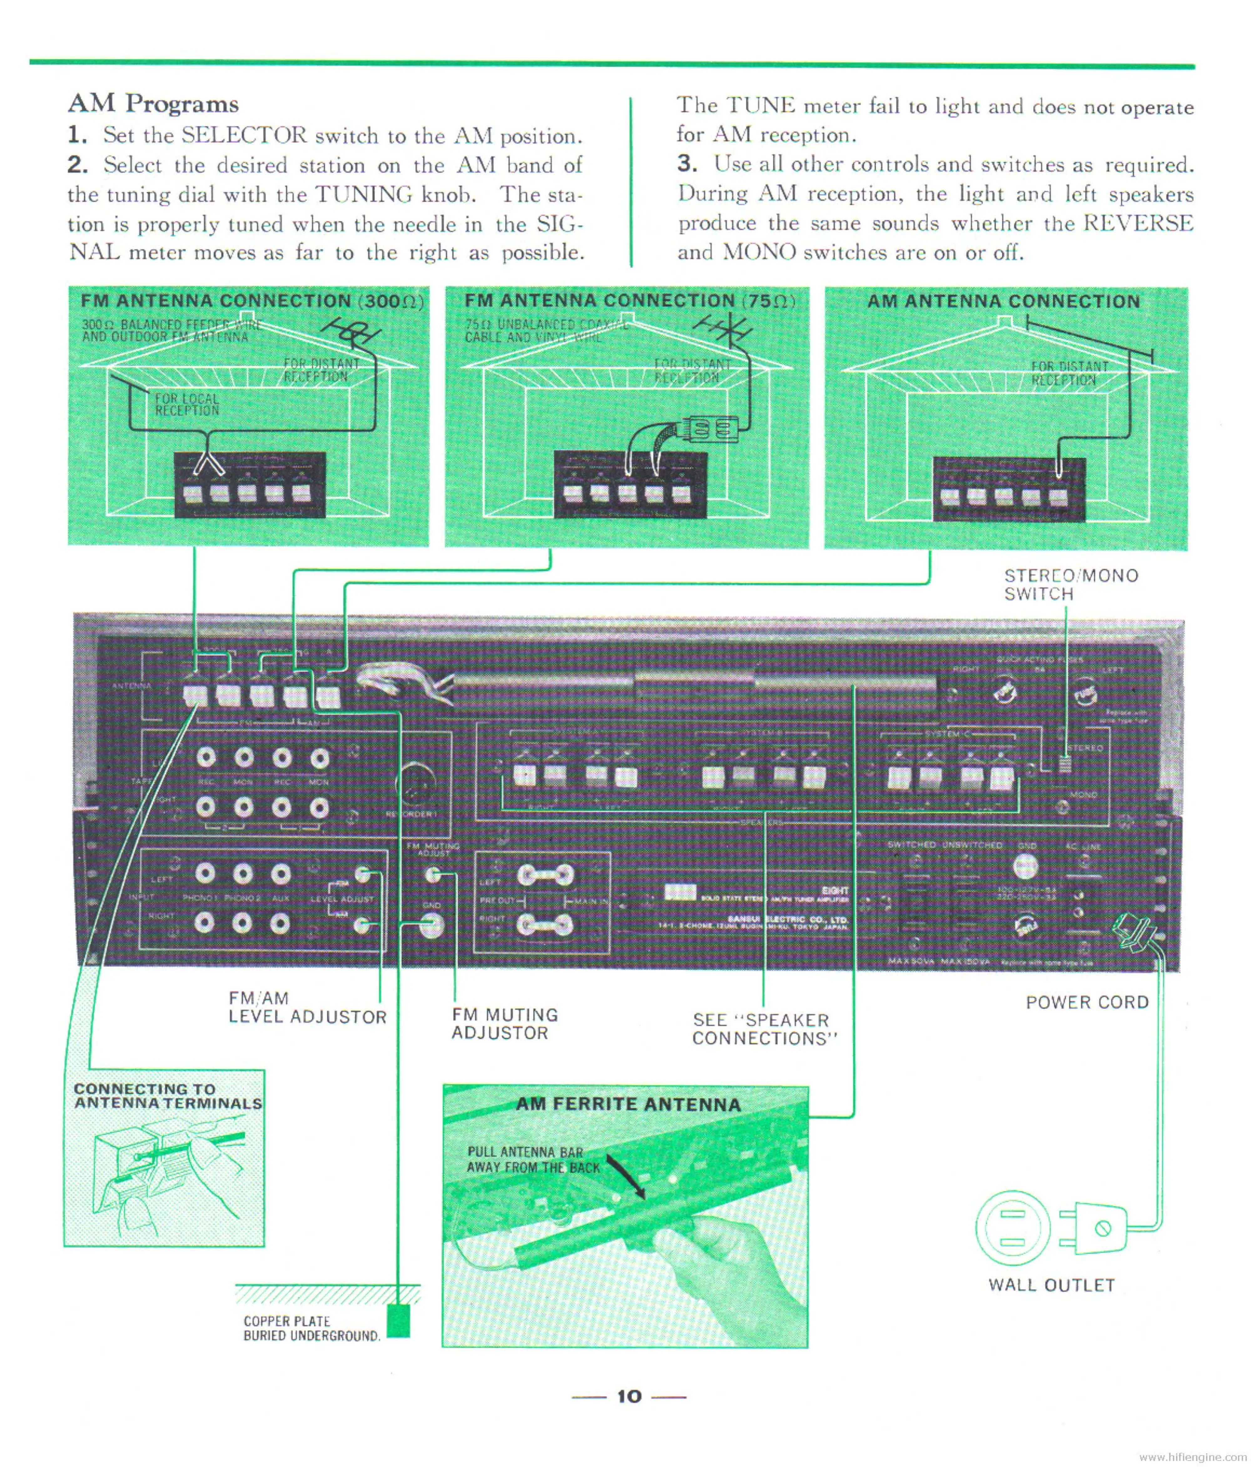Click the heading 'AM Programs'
(x=153, y=104)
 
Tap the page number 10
(x=629, y=1396)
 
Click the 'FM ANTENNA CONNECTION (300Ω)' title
(x=251, y=301)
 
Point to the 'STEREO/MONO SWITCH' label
(x=1071, y=585)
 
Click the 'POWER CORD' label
(x=1087, y=1003)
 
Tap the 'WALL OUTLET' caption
(x=1051, y=1285)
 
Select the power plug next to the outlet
(x=1094, y=1228)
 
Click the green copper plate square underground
(x=398, y=1320)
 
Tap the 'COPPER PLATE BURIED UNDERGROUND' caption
(x=311, y=1329)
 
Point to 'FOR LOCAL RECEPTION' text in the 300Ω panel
(x=187, y=404)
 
